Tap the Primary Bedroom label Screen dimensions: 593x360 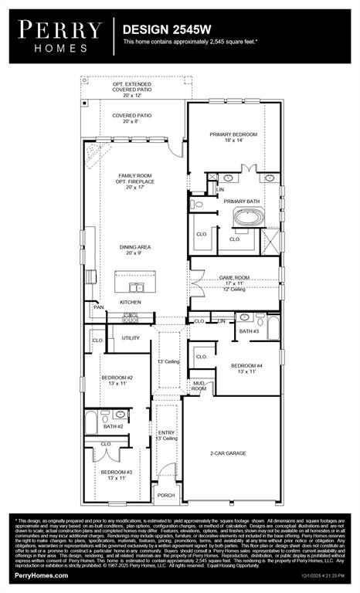233,137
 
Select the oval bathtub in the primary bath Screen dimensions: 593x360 248,218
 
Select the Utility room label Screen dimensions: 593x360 131,337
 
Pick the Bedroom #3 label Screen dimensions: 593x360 116,474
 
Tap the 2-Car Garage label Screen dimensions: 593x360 231,454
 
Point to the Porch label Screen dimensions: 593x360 166,496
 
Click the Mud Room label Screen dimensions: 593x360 199,385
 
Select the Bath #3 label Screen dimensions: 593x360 249,331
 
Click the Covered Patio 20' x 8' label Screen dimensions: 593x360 131,118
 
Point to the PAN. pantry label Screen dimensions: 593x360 98,307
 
